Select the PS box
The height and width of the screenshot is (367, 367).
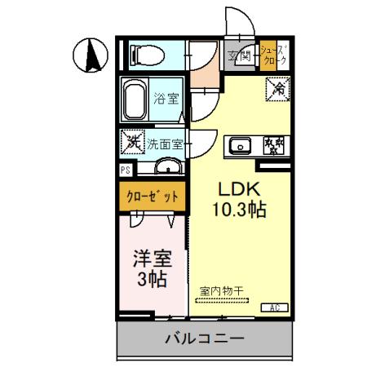pos(126,170)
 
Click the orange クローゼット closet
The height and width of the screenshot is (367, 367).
pos(153,197)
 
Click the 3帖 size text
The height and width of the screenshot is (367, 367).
pos(152,280)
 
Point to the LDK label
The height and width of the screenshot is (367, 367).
pos(237,188)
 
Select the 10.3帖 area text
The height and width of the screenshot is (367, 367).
pos(239,209)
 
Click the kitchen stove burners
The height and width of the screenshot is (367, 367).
pos(276,146)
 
